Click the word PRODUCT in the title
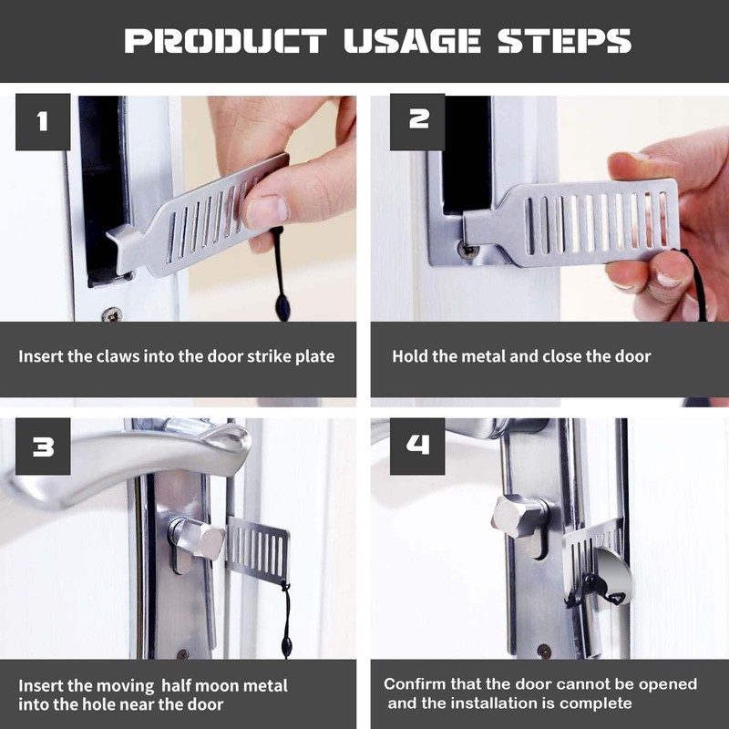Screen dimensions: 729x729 226,41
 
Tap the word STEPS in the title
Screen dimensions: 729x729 564,41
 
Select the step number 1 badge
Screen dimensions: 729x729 43,122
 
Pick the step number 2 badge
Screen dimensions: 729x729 417,122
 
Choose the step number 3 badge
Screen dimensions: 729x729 43,447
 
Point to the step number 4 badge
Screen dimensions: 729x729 417,447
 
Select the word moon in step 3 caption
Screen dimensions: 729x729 218,686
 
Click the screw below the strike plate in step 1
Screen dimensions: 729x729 112,314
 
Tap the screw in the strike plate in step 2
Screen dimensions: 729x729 467,249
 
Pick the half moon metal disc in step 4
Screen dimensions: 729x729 613,577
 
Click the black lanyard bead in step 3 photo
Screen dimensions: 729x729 286,646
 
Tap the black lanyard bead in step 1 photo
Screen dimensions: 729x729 282,307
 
